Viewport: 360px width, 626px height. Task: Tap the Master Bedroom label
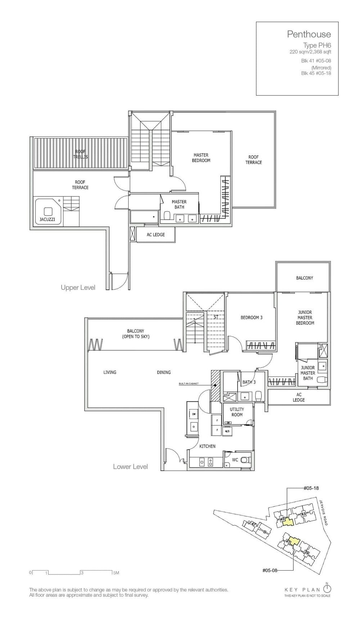[201, 158]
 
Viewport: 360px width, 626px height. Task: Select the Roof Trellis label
[80, 154]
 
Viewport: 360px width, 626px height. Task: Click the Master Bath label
[179, 204]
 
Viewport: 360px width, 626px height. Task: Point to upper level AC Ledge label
[156, 235]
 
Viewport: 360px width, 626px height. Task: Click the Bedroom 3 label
[251, 317]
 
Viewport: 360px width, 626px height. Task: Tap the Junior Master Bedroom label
[305, 317]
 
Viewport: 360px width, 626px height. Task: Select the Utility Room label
[237, 412]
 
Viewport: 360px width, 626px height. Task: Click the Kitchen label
[207, 446]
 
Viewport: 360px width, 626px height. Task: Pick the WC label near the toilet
[235, 460]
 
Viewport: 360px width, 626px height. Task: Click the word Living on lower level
[110, 372]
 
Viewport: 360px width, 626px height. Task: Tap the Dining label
[163, 372]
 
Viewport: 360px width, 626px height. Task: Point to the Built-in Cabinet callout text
[188, 384]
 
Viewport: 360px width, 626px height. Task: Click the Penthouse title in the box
[309, 34]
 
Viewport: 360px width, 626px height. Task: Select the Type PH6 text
[317, 45]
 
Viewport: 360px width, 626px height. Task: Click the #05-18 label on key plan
[311, 488]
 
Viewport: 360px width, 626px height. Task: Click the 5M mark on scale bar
[116, 572]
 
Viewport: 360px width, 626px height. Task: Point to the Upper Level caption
[78, 287]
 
